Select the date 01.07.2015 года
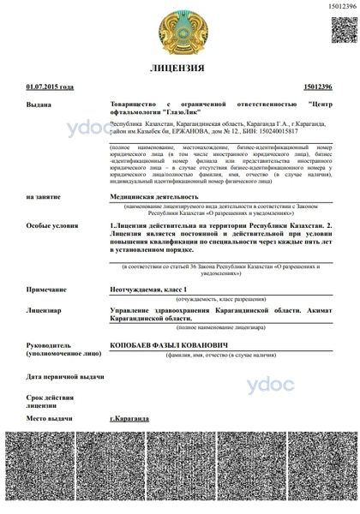[x=51, y=87]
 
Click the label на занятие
[x=44, y=196]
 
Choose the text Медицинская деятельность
[x=159, y=196]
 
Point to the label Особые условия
[x=51, y=225]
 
